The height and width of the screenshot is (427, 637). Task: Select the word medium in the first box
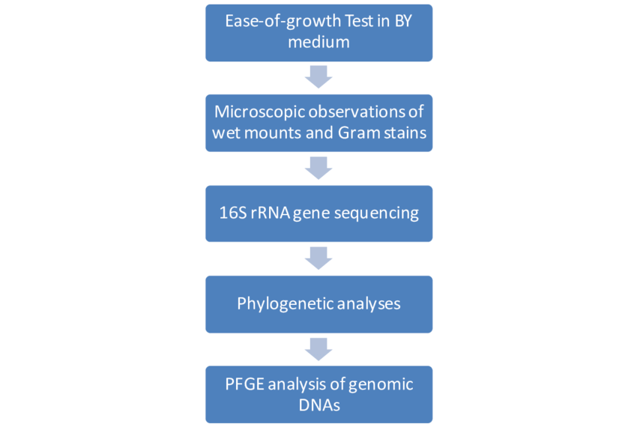pos(319,42)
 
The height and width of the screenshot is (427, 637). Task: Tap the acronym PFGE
pos(244,384)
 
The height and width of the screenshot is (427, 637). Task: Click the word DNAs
pos(319,405)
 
